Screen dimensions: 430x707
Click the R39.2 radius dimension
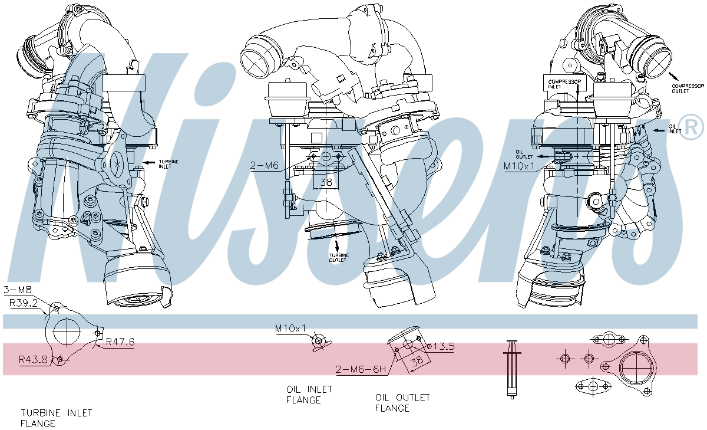point(23,303)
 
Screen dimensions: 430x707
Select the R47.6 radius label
point(120,342)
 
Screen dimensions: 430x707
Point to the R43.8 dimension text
point(34,359)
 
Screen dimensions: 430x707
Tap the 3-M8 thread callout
point(17,290)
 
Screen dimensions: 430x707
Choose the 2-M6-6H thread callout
point(361,370)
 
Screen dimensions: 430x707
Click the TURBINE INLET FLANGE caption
point(57,418)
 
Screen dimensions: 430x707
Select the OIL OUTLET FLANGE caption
point(402,403)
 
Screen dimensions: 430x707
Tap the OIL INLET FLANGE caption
point(309,395)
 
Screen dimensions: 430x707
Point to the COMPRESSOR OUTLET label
point(688,88)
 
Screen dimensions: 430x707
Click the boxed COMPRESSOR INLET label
point(564,84)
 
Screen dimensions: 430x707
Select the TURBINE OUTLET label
point(338,258)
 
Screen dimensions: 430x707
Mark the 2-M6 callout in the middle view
point(264,166)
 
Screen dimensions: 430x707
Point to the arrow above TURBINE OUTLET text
point(336,244)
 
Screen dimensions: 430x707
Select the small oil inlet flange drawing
point(318,342)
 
